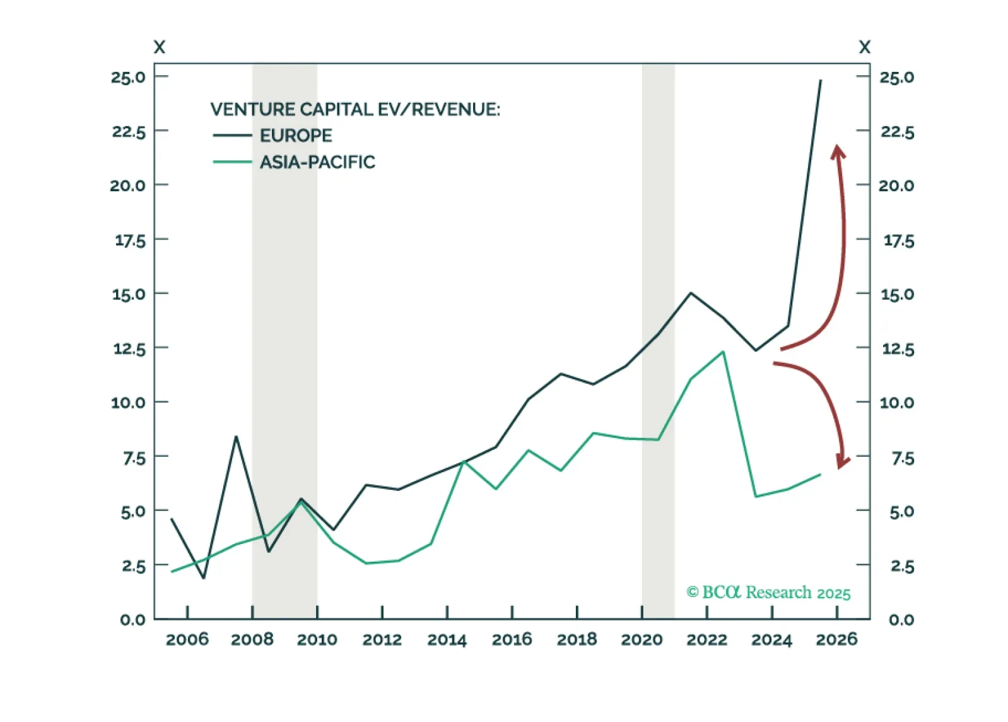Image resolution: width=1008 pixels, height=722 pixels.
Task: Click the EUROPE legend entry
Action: tap(295, 135)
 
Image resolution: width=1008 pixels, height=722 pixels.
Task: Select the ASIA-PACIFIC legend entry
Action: tap(317, 162)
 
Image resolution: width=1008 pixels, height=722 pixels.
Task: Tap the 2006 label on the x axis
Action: tap(187, 639)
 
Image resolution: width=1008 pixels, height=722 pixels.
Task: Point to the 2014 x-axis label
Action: tap(447, 639)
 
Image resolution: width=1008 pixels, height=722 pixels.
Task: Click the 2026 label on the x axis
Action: tap(836, 639)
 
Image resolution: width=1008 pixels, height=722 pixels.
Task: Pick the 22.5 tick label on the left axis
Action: tap(129, 132)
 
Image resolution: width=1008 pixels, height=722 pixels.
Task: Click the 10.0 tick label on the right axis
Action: tap(896, 402)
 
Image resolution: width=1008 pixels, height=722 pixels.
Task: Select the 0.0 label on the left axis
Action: tap(132, 619)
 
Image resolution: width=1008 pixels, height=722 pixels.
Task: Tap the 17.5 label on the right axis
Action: tap(898, 240)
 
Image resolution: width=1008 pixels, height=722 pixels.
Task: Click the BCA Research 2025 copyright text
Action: tap(768, 593)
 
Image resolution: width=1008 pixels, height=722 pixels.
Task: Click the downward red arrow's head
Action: tap(842, 461)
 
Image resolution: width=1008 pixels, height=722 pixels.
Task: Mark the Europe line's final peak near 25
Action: tap(820, 81)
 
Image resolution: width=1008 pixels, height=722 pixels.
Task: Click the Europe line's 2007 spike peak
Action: tap(236, 437)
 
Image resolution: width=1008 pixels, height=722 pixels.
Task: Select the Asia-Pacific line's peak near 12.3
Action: tap(723, 352)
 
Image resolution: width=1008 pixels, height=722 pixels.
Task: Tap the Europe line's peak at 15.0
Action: tap(691, 293)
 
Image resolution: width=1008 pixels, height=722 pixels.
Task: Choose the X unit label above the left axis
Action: tap(160, 47)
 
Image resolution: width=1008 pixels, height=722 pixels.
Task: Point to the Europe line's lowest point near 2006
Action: tap(203, 577)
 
